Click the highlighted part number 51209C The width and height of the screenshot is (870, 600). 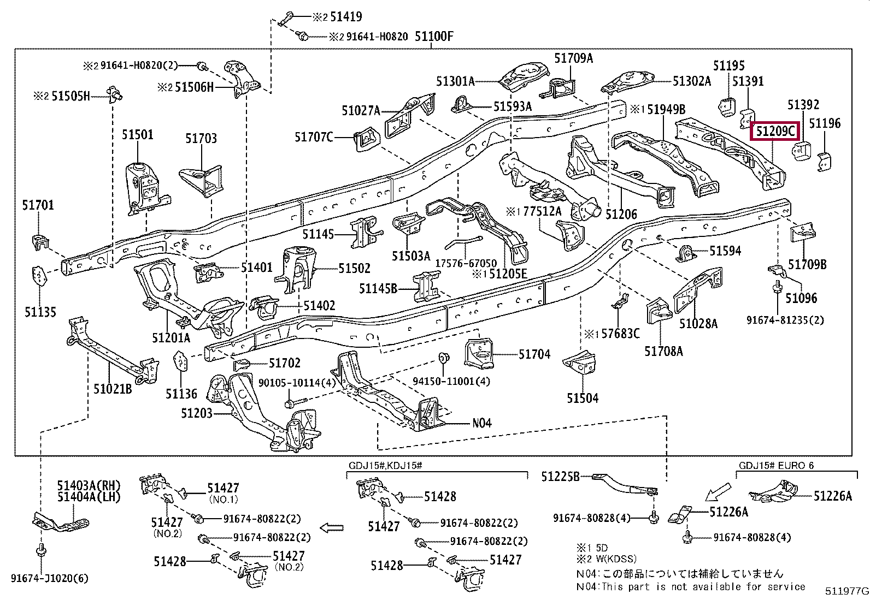[x=775, y=131]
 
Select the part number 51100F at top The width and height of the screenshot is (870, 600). [x=434, y=37]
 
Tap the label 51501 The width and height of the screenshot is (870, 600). [x=137, y=135]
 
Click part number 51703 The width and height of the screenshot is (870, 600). [x=201, y=139]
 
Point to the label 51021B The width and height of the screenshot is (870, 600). [x=113, y=389]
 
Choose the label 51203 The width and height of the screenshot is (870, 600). [x=197, y=413]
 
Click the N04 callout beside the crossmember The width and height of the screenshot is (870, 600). [x=481, y=423]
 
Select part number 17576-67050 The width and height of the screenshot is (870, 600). [x=466, y=263]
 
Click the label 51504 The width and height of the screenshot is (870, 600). [x=582, y=398]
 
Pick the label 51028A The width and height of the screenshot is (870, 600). [x=698, y=324]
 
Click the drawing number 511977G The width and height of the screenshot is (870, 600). [x=847, y=591]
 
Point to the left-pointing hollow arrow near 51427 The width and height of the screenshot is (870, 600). [x=331, y=528]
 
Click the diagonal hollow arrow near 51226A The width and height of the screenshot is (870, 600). [x=716, y=491]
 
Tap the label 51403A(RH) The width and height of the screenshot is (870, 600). [x=89, y=485]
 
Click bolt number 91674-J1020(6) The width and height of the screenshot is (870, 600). [x=49, y=578]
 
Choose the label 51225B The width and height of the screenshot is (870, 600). [x=560, y=477]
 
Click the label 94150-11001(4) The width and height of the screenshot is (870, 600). [x=451, y=382]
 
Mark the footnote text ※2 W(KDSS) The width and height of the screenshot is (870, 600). [x=606, y=559]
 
